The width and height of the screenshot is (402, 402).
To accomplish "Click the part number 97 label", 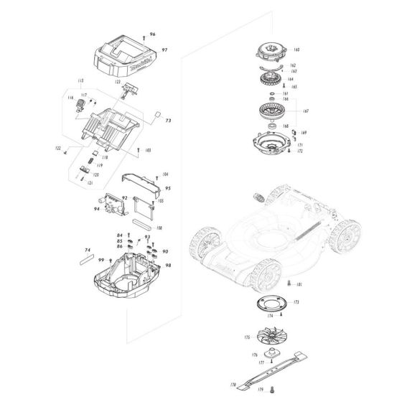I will pyautogui.click(x=164, y=51).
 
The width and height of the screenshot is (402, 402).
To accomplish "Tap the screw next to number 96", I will pyautogui.click(x=144, y=34).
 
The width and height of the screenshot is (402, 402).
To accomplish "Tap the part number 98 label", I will pyautogui.click(x=167, y=265).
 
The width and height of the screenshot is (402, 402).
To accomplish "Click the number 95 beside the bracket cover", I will pyautogui.click(x=167, y=187).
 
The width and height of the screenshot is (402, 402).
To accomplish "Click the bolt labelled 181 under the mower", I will pyautogui.click(x=288, y=285).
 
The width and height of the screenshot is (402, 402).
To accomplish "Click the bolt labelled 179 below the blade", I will pyautogui.click(x=274, y=391).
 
